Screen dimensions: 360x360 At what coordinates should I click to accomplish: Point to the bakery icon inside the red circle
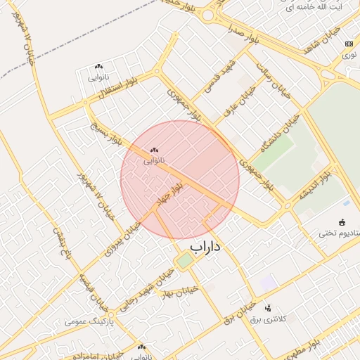[x=154, y=150]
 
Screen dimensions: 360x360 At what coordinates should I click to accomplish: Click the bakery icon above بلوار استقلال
[x=98, y=66]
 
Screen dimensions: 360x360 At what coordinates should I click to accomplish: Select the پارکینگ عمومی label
[x=89, y=321]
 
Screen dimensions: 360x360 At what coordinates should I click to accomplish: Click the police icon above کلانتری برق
[x=268, y=308]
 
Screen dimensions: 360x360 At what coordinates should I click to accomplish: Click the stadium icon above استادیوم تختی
[x=342, y=222]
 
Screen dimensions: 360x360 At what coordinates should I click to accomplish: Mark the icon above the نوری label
[x=349, y=44]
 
